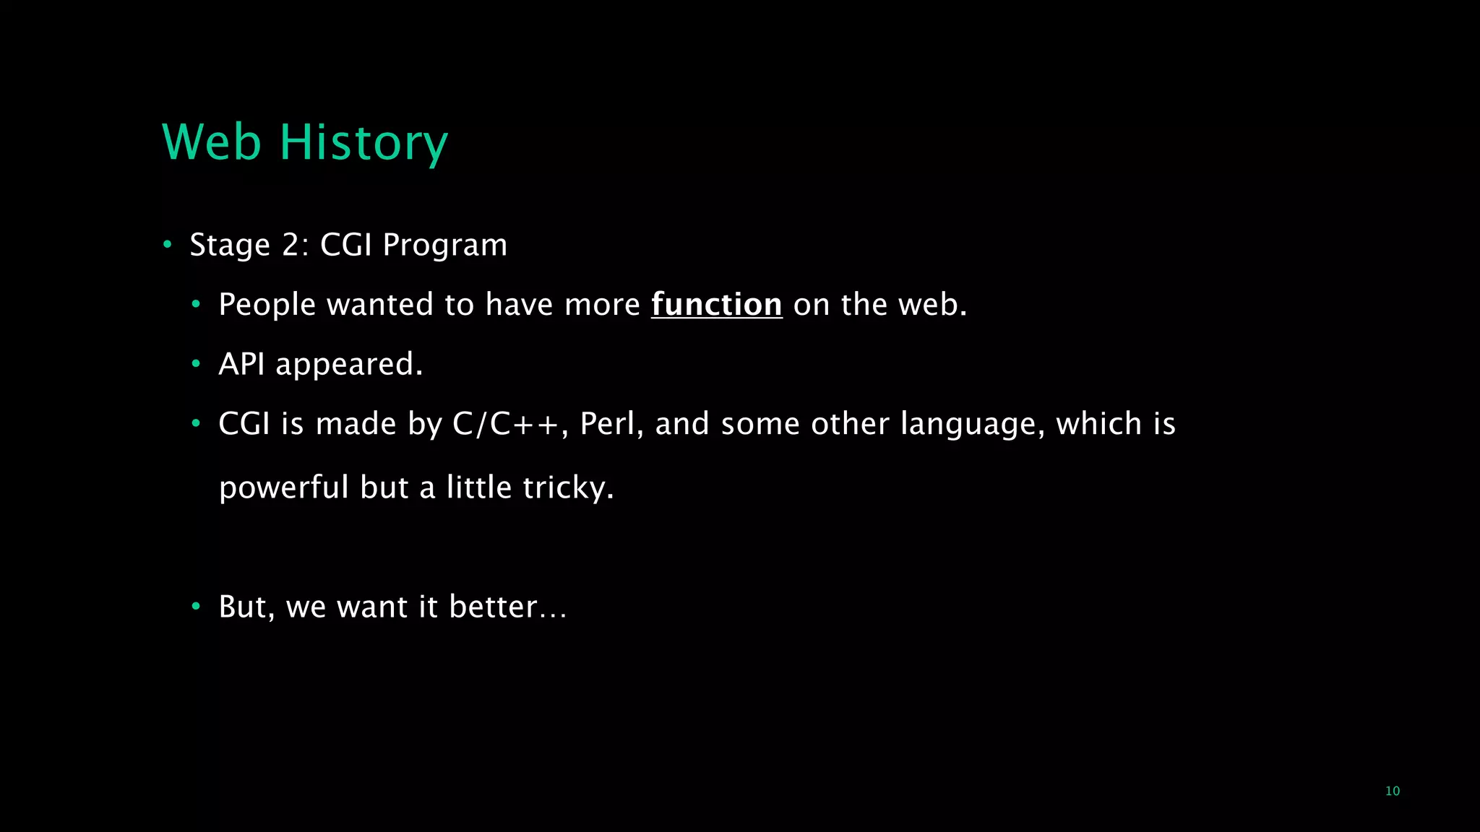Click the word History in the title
(x=363, y=142)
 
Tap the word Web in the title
(x=211, y=142)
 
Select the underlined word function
(x=716, y=305)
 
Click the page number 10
(x=1392, y=791)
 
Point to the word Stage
(x=230, y=246)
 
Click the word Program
(x=444, y=246)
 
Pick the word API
(x=241, y=364)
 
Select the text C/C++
(x=505, y=424)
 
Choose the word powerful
(x=284, y=488)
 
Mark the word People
(x=267, y=305)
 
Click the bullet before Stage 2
(x=168, y=245)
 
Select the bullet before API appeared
(x=196, y=364)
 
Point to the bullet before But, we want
(x=196, y=607)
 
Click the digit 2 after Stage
(x=291, y=246)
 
